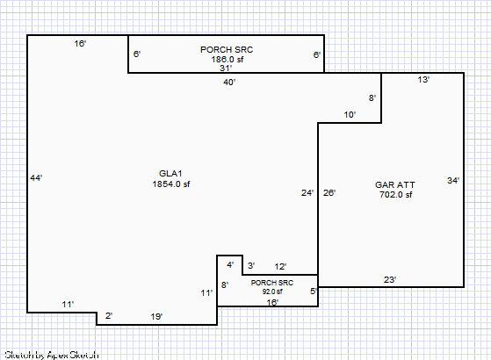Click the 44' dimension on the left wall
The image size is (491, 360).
[x=36, y=178]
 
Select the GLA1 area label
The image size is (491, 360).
[x=170, y=174]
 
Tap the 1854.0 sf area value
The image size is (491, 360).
[x=171, y=184]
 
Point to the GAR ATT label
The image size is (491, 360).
[x=395, y=184]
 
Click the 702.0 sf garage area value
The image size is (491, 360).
[x=396, y=195]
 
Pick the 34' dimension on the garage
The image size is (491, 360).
[x=453, y=180]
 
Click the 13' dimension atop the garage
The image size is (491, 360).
[x=423, y=80]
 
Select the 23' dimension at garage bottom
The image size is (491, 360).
[x=390, y=279]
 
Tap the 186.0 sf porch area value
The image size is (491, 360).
[x=227, y=59]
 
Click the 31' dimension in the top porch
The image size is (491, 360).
[x=226, y=68]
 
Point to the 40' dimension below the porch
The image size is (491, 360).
[x=229, y=82]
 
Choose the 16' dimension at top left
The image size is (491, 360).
[x=80, y=44]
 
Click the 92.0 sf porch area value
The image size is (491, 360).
[x=272, y=292]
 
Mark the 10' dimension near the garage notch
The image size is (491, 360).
[x=350, y=114]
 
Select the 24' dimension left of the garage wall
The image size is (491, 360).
[x=307, y=192]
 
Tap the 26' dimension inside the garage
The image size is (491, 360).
[x=329, y=192]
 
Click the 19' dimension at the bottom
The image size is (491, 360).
[x=156, y=316]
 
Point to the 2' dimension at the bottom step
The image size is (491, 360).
[x=109, y=315]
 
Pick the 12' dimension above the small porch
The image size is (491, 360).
[x=280, y=266]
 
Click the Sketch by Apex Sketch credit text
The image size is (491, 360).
[x=52, y=355]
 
